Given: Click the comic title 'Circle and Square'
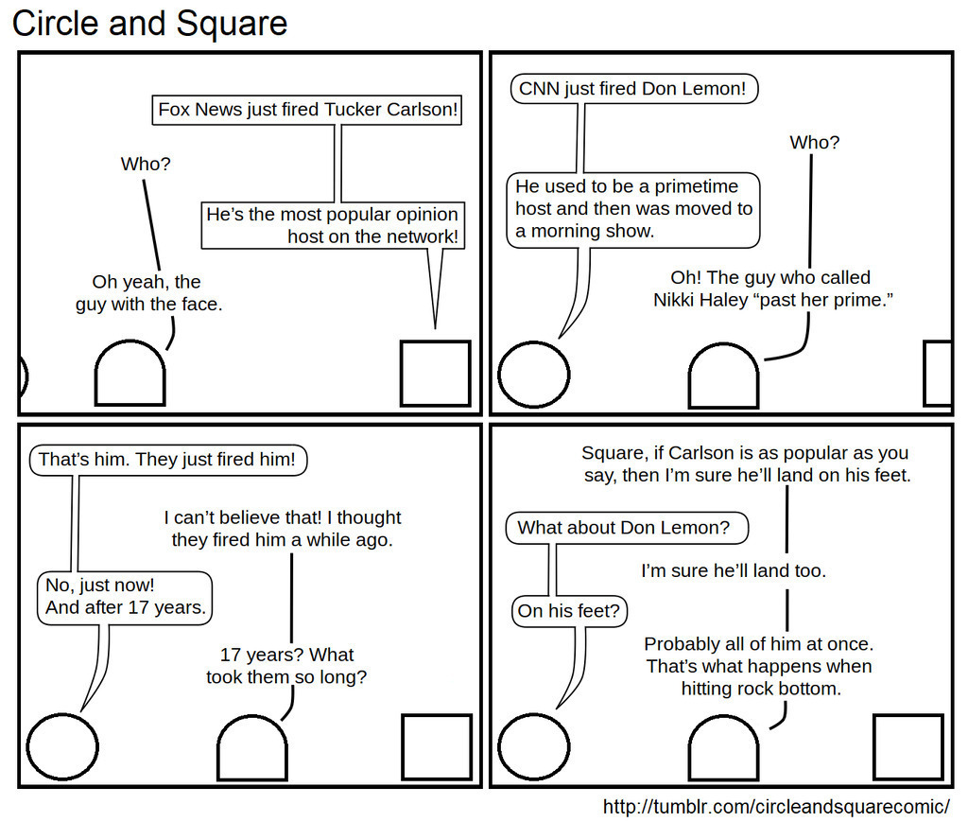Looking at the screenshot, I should [x=149, y=23].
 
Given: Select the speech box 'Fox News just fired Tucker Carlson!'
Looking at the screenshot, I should [x=308, y=110].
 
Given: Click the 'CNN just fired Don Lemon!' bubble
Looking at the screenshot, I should [x=634, y=90].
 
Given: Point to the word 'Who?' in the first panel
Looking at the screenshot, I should [x=146, y=165].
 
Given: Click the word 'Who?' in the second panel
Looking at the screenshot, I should [x=814, y=143].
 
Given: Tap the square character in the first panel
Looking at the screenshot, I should [x=435, y=374].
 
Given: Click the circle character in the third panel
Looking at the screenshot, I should [x=62, y=746].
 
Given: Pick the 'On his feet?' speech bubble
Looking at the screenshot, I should [x=569, y=611].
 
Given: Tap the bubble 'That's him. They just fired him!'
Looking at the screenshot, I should [x=167, y=461].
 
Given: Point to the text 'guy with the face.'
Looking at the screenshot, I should [x=148, y=305].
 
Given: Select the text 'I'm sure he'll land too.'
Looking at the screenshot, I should [x=734, y=571].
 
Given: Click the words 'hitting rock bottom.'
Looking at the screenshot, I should [x=761, y=689].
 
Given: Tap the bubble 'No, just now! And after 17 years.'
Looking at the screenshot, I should [x=125, y=597].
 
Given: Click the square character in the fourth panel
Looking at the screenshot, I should [x=907, y=746].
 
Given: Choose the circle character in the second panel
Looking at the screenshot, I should [x=534, y=375].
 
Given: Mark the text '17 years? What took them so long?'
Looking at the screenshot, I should [x=286, y=666].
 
